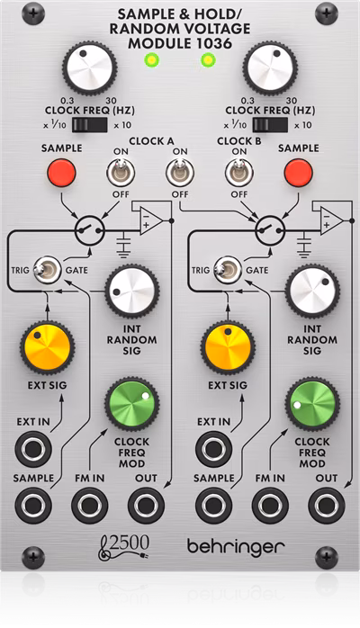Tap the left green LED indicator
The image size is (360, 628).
(x=150, y=60)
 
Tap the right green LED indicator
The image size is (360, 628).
(x=209, y=60)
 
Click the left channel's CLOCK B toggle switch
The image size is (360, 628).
(x=179, y=171)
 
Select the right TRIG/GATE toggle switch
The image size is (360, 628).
(x=232, y=268)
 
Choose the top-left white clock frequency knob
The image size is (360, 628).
(x=90, y=66)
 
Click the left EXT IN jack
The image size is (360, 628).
(x=33, y=447)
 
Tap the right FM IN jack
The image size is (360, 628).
(x=269, y=506)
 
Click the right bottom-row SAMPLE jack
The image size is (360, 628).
(x=214, y=506)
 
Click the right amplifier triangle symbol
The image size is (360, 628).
(x=330, y=220)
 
